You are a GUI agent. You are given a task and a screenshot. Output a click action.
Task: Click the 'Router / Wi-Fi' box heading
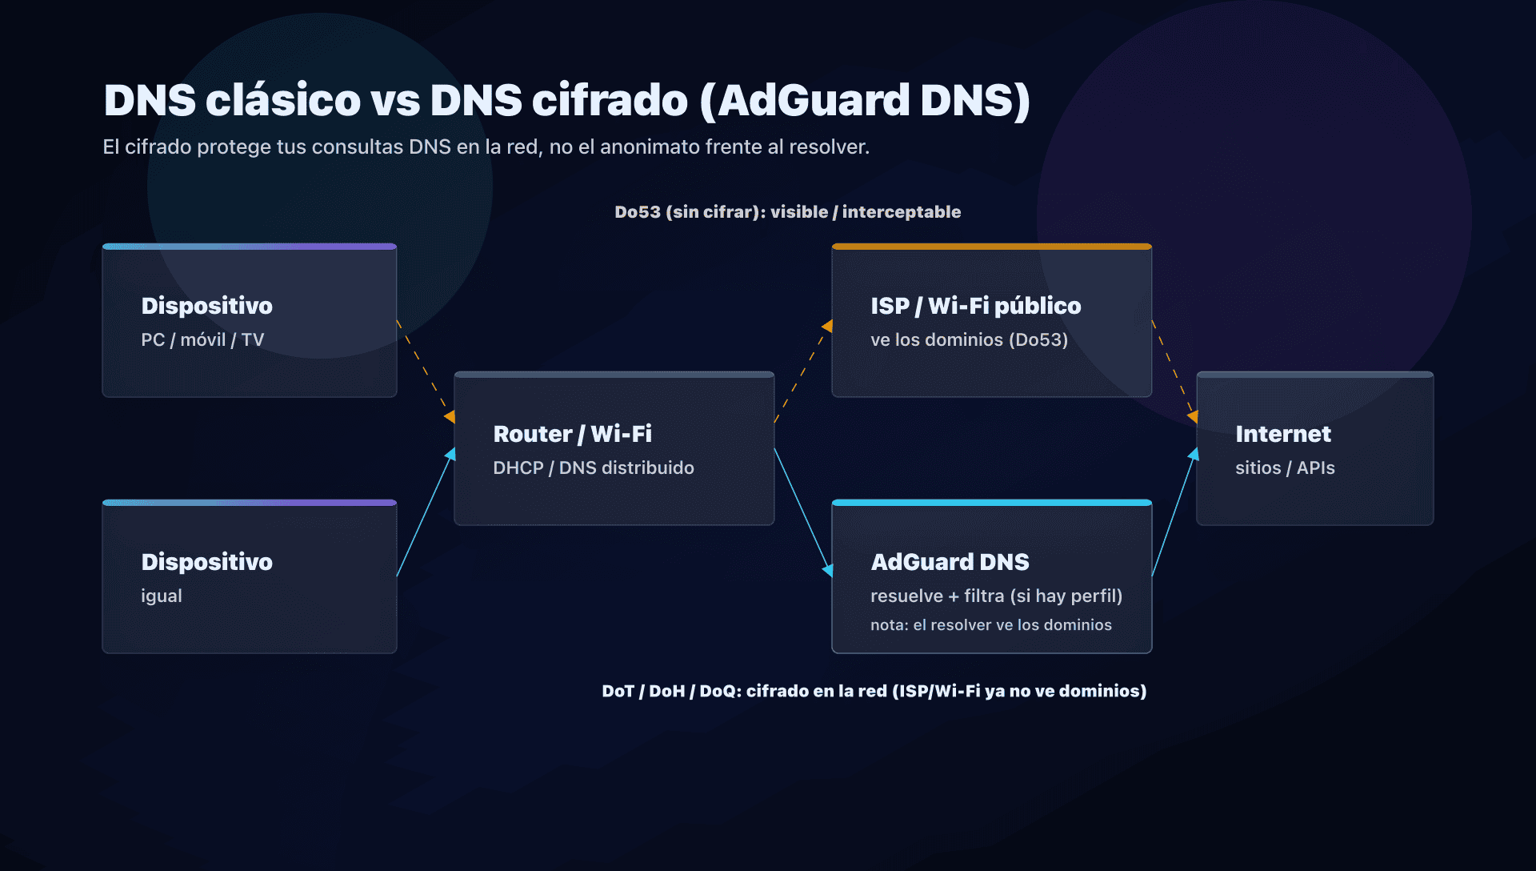pyautogui.click(x=572, y=434)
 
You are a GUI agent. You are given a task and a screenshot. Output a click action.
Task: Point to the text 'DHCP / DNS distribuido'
pyautogui.click(x=593, y=468)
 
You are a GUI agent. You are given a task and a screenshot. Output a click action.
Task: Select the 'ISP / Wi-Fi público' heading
pyautogui.click(x=975, y=306)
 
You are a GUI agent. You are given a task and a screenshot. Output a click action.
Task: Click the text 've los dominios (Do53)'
pyautogui.click(x=969, y=340)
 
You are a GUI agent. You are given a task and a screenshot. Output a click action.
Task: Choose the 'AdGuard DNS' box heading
pyautogui.click(x=950, y=562)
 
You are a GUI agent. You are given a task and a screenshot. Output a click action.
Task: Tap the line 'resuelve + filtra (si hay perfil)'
pyautogui.click(x=996, y=596)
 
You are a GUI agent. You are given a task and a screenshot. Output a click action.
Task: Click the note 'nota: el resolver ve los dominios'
pyautogui.click(x=990, y=625)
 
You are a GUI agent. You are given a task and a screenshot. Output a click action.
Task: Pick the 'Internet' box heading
pyautogui.click(x=1282, y=434)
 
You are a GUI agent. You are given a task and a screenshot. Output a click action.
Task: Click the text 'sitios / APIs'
pyautogui.click(x=1285, y=468)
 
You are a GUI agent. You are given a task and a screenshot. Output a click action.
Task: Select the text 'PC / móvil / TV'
pyautogui.click(x=202, y=340)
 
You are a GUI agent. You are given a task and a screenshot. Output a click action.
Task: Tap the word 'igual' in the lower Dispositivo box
pyautogui.click(x=162, y=596)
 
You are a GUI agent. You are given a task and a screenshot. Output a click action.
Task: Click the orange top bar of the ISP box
pyautogui.click(x=991, y=247)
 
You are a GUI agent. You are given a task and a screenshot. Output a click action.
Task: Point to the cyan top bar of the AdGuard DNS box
pyautogui.click(x=991, y=503)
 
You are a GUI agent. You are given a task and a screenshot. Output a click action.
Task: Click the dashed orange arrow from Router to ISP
pyautogui.click(x=802, y=372)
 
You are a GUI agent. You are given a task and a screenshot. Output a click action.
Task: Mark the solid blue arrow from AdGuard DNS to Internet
pyautogui.click(x=1173, y=512)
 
